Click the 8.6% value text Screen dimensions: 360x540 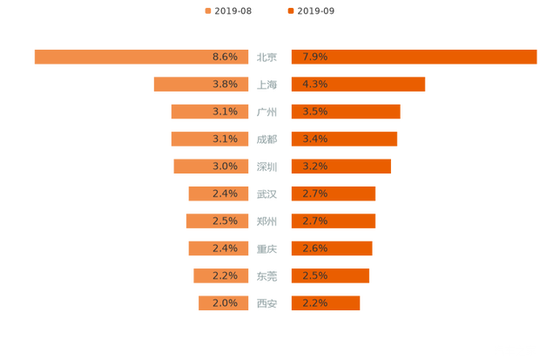[x=225, y=57]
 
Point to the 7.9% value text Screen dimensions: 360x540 [x=314, y=57]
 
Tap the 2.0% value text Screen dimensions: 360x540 [x=225, y=303]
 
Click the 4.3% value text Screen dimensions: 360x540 [x=314, y=84]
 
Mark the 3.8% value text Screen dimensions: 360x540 [x=225, y=84]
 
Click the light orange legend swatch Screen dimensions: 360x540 [x=208, y=10]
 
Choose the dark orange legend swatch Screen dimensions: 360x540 [x=289, y=10]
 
